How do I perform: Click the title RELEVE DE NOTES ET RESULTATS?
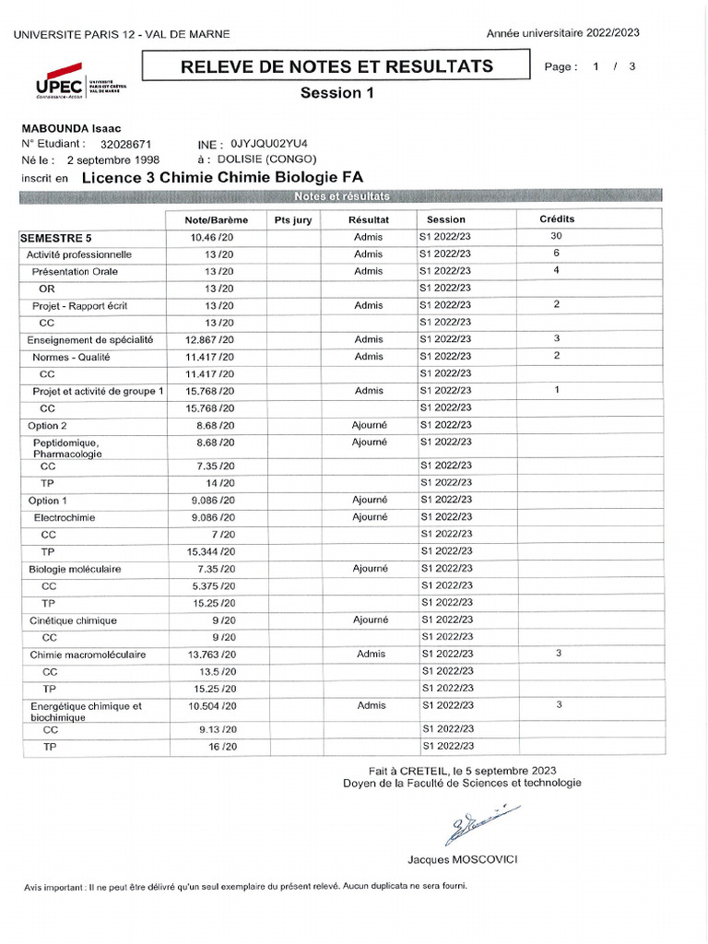pyautogui.click(x=336, y=66)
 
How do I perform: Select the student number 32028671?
pyautogui.click(x=125, y=145)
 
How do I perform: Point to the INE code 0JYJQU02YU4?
pyautogui.click(x=269, y=145)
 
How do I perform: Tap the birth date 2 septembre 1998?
pyautogui.click(x=114, y=159)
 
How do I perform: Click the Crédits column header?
pyautogui.click(x=557, y=219)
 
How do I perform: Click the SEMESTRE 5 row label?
pyautogui.click(x=56, y=238)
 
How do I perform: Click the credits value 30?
pyautogui.click(x=556, y=237)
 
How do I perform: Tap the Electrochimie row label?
pyautogui.click(x=65, y=518)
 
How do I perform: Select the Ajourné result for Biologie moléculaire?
pyautogui.click(x=369, y=569)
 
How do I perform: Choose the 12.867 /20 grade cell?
pyautogui.click(x=209, y=339)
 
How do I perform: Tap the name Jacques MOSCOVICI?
pyautogui.click(x=463, y=859)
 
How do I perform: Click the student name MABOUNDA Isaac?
pyautogui.click(x=72, y=129)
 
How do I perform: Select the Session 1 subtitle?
pyautogui.click(x=336, y=93)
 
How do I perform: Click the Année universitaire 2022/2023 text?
pyautogui.click(x=562, y=33)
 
